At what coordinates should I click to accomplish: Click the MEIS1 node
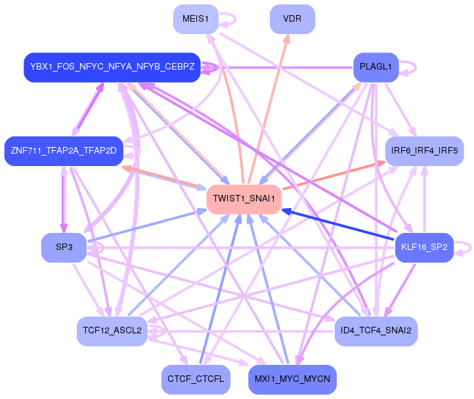point(196,19)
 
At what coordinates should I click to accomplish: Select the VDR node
point(292,19)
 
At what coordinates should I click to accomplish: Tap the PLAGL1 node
point(376,67)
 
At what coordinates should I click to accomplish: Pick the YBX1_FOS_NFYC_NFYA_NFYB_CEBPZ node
point(112,67)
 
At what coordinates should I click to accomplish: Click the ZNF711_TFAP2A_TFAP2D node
point(64,151)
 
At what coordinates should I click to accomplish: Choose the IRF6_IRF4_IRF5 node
point(424,151)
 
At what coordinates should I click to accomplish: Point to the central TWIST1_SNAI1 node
point(244,199)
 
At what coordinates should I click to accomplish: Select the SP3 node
point(64,247)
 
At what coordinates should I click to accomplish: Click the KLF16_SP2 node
point(424,247)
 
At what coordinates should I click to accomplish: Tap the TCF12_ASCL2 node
point(112,331)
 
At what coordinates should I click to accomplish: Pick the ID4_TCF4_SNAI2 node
point(376,331)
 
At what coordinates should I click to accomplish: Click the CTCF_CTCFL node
point(196,380)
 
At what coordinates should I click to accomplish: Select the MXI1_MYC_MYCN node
point(292,380)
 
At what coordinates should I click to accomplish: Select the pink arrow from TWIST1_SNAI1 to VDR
point(269,109)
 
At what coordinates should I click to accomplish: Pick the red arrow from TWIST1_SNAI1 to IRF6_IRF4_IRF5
point(334,176)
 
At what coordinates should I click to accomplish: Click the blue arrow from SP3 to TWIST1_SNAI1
point(146,226)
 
